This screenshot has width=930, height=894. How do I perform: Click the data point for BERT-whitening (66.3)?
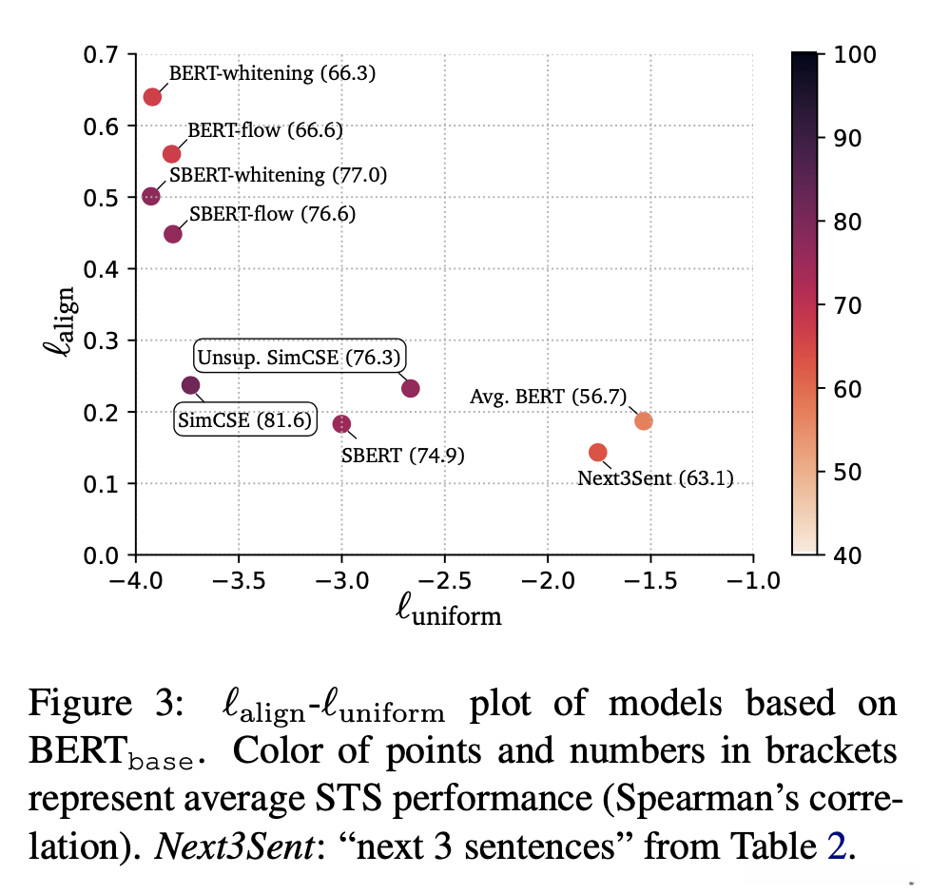(x=152, y=97)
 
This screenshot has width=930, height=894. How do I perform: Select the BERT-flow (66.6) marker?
(x=172, y=154)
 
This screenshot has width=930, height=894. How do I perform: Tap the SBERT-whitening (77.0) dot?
(x=151, y=196)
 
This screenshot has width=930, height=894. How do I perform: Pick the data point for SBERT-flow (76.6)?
(x=173, y=234)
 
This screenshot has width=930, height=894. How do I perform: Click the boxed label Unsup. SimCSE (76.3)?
(x=300, y=358)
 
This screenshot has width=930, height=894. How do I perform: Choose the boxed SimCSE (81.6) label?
(x=245, y=418)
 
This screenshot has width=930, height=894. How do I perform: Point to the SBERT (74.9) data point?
(x=342, y=423)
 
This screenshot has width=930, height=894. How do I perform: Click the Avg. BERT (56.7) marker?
(x=644, y=421)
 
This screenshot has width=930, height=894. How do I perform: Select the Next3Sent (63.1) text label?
(x=655, y=478)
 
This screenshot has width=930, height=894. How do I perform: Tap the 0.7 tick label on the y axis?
(x=102, y=54)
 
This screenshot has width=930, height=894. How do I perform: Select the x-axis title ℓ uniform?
(x=448, y=613)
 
